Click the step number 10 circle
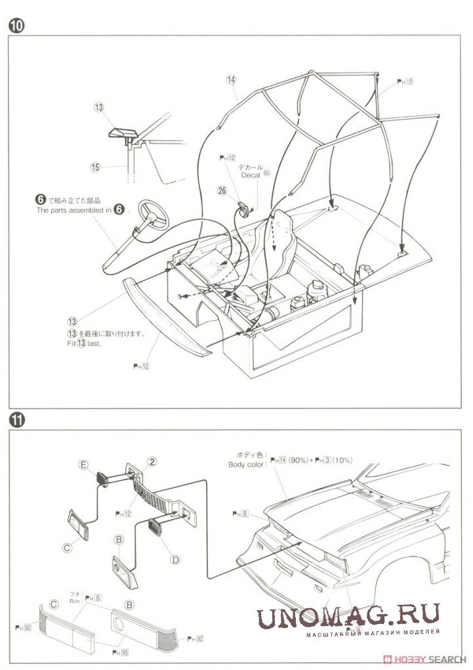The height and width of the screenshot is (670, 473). click(x=16, y=26)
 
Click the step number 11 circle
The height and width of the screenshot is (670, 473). click(x=16, y=419)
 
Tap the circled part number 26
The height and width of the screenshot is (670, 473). click(x=222, y=190)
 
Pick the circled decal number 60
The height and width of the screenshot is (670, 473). click(x=266, y=173)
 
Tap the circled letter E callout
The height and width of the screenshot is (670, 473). click(x=83, y=464)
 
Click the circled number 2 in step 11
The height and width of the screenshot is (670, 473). click(x=152, y=462)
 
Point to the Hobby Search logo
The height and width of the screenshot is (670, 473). click(x=426, y=659)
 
